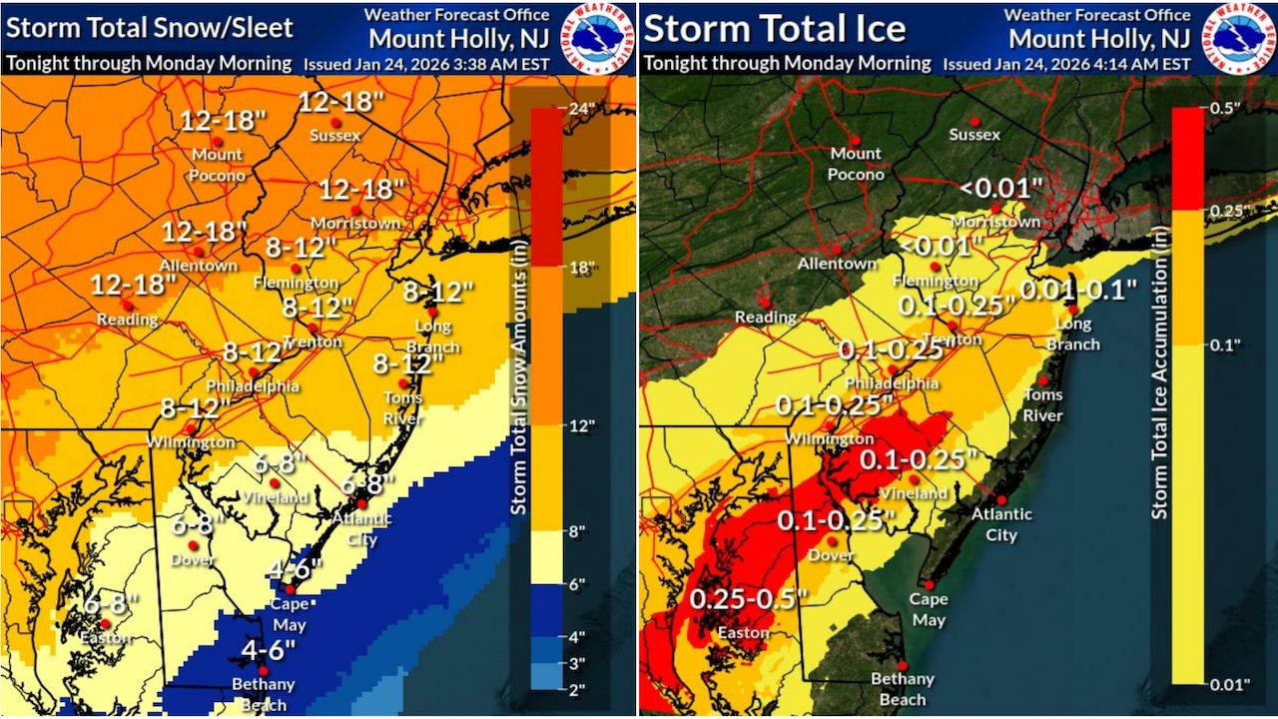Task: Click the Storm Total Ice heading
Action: [x=775, y=28]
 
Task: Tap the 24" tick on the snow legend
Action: [x=581, y=107]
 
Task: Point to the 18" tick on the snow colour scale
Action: [x=581, y=267]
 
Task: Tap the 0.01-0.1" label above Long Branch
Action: [x=1078, y=291]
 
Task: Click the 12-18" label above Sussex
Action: [x=342, y=102]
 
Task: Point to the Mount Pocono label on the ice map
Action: [x=856, y=164]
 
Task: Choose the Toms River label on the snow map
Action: [x=403, y=407]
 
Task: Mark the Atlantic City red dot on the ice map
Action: [x=1000, y=498]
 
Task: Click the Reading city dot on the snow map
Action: [x=127, y=304]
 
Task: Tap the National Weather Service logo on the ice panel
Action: [x=1238, y=38]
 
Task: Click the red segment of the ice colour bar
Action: [x=1187, y=158]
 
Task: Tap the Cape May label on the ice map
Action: [x=929, y=608]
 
